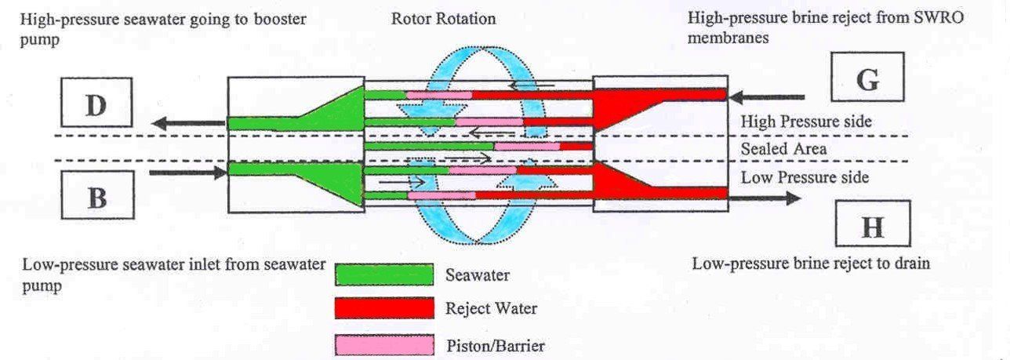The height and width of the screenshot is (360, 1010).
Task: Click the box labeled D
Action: point(96,105)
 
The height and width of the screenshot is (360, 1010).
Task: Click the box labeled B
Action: point(97,198)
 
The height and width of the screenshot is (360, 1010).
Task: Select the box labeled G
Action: point(867,81)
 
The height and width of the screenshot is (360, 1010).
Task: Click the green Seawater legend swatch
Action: point(384,275)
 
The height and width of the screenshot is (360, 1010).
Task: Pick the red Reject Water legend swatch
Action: point(384,308)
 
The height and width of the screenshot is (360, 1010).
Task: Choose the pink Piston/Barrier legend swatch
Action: point(384,344)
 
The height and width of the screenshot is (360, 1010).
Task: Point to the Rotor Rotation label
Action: point(444,18)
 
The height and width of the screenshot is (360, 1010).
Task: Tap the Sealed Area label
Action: point(784,147)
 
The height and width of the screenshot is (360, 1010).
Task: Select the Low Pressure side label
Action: point(805,177)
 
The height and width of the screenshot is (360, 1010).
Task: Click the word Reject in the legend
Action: point(467,308)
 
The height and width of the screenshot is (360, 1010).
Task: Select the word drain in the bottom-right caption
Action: point(912,264)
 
